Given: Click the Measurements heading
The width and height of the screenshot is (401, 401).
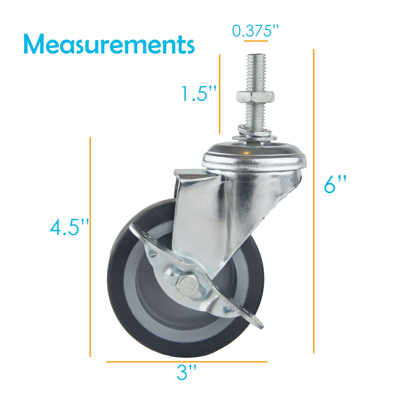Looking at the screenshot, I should coord(109,44).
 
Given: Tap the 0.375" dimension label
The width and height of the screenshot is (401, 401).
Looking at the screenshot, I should coord(255,31).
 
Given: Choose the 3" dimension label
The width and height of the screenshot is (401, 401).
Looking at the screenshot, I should coord(186,373).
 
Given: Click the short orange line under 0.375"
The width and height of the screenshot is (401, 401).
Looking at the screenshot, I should coord(256,41).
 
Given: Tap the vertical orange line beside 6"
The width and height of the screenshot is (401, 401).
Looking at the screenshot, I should coord(314,200).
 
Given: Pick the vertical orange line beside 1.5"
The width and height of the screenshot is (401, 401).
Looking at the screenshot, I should coord(219,94).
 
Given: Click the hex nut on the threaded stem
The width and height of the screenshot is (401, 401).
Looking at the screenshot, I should coord(255,96).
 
